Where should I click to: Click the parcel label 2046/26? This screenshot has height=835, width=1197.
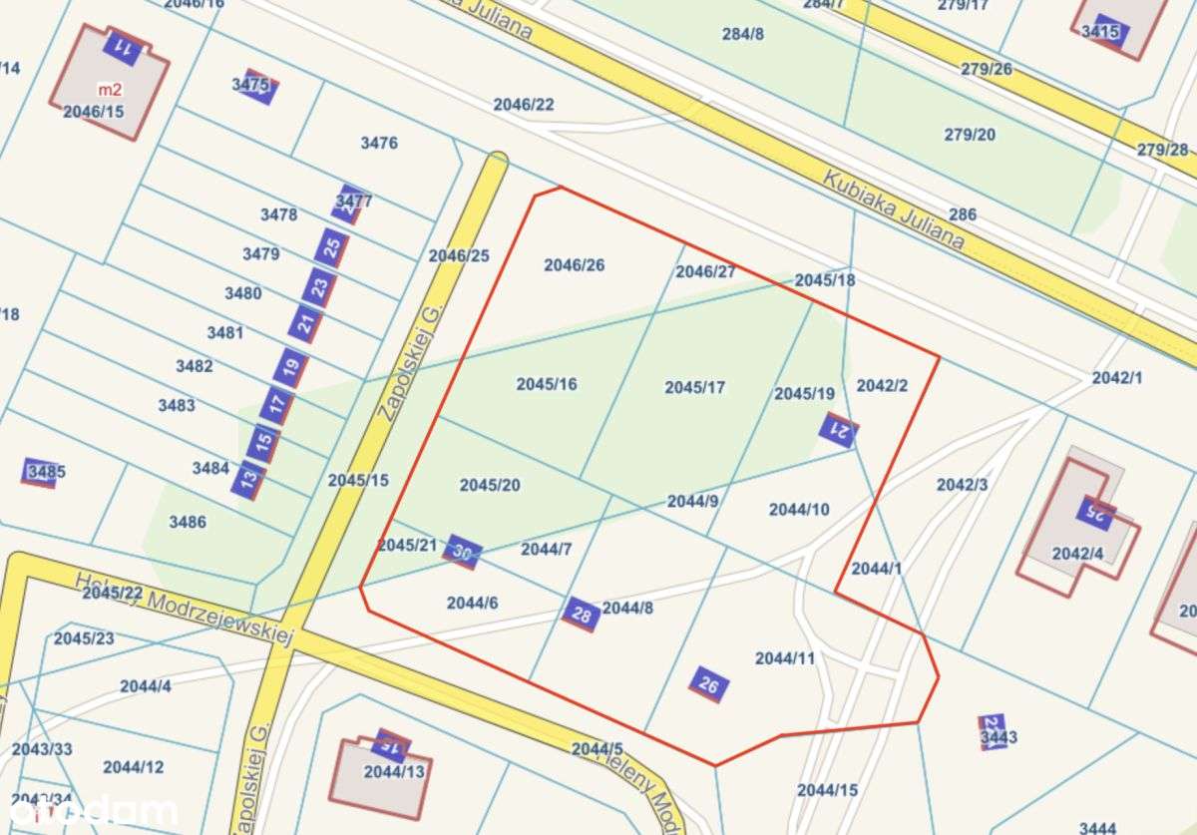point(575,265)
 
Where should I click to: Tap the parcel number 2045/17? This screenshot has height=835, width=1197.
point(695,387)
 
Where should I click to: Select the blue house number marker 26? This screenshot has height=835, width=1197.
point(709,684)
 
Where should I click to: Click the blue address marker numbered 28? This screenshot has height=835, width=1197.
point(582,615)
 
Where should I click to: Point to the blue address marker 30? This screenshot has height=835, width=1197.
point(462,551)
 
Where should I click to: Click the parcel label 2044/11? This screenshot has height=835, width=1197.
point(785,658)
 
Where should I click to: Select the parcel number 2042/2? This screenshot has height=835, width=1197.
point(883,385)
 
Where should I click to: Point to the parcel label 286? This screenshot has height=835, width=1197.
point(963,214)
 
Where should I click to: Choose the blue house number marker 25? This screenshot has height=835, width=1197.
point(332,246)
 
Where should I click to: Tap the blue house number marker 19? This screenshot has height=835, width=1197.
point(290,368)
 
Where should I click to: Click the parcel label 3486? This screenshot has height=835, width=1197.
point(188,522)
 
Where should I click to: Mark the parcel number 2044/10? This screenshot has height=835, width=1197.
point(799,510)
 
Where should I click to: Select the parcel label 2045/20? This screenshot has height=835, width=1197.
point(490,485)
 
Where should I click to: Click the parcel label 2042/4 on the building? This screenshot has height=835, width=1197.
point(1078,554)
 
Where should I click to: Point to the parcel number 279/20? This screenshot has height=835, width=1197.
point(970,135)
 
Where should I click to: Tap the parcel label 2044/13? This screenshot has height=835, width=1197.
point(394,771)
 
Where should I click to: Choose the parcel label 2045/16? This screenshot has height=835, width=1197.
point(547,384)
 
